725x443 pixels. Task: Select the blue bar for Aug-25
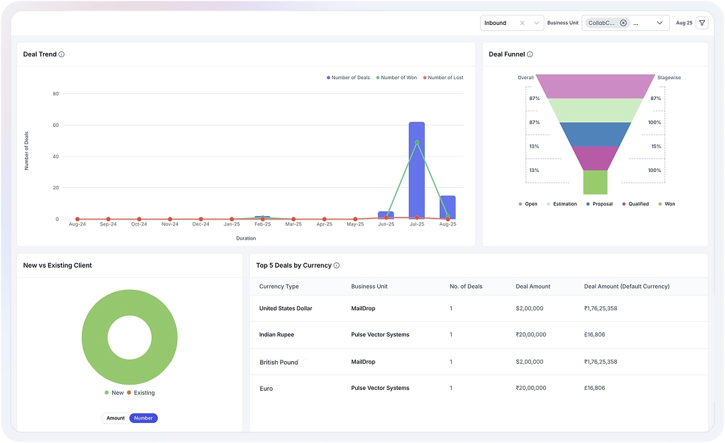pyautogui.click(x=448, y=207)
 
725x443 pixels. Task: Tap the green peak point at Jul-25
pyautogui.click(x=417, y=142)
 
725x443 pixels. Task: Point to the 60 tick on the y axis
pyautogui.click(x=56, y=126)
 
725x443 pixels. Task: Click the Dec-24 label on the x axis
pyautogui.click(x=201, y=224)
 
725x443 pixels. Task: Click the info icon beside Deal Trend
pyautogui.click(x=62, y=54)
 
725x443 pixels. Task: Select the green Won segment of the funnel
pyautogui.click(x=595, y=182)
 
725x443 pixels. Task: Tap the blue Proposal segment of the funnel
pyautogui.click(x=595, y=134)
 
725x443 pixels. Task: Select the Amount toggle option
pyautogui.click(x=115, y=418)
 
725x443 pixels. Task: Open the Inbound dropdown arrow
pyautogui.click(x=536, y=23)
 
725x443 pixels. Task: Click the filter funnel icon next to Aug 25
pyautogui.click(x=702, y=23)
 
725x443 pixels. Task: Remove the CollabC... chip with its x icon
pyautogui.click(x=623, y=23)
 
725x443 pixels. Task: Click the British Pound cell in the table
pyautogui.click(x=279, y=362)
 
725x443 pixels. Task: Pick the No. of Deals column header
pyautogui.click(x=466, y=287)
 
